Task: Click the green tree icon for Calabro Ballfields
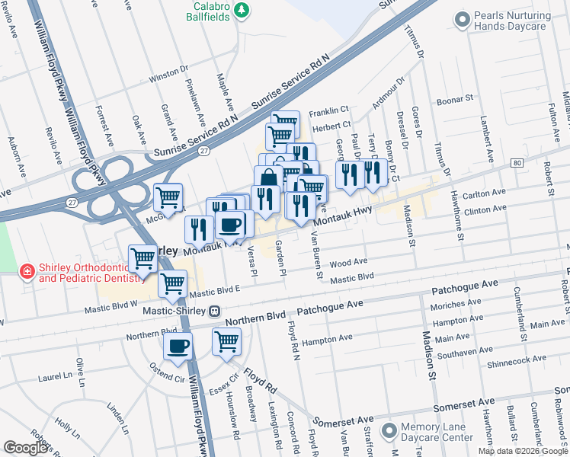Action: (242, 10)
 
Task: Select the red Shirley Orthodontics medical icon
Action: (27, 271)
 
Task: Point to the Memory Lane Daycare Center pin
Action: (389, 431)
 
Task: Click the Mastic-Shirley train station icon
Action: (216, 311)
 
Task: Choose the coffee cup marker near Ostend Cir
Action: (178, 347)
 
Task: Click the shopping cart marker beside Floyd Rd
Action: (226, 341)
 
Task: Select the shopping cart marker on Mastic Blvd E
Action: (173, 283)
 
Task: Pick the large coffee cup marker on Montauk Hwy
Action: (230, 224)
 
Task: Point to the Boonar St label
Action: (454, 101)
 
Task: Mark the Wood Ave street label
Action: (349, 263)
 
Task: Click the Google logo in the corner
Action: (26, 448)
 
